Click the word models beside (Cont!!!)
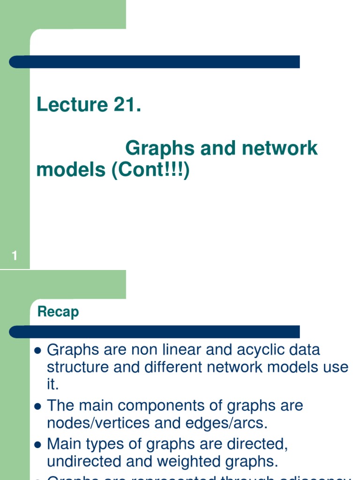[71, 170]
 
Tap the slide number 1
[15, 256]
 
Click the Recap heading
[58, 312]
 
